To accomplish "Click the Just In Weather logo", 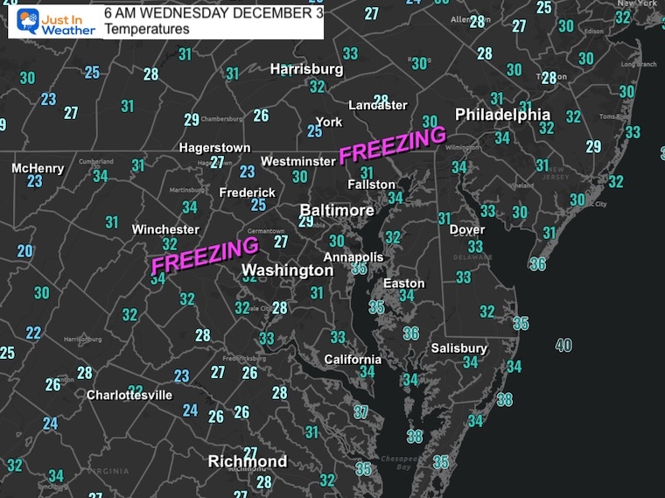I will tap(52, 21).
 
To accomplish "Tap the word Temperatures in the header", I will tap(146, 30).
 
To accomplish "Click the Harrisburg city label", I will tap(306, 68).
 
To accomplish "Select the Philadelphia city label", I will tap(503, 115).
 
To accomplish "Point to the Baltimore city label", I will tap(337, 211).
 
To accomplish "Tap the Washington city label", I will tap(287, 270).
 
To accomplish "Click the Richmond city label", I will tap(247, 461).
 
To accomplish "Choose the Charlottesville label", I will tap(129, 395).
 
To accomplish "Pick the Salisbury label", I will tap(458, 348).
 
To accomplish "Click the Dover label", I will tap(466, 230).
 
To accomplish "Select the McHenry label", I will tap(38, 167).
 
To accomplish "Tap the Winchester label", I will tap(165, 229).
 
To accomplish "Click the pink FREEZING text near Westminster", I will tap(393, 144).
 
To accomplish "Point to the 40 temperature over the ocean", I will tap(563, 346).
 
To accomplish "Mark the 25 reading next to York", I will tap(315, 131).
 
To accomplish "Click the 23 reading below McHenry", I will tap(35, 182).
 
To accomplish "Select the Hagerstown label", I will tap(214, 148).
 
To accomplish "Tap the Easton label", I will tap(404, 284).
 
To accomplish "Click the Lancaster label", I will tap(378, 105).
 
